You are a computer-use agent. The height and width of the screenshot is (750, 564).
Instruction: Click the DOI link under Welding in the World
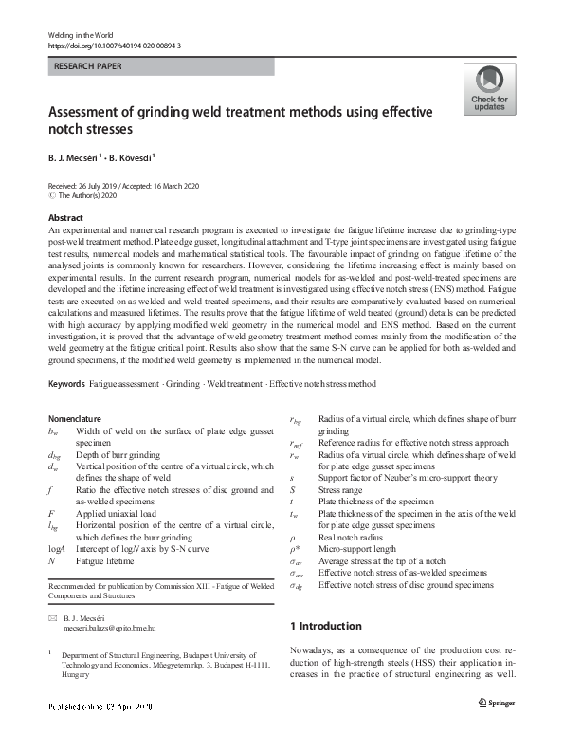click(114, 46)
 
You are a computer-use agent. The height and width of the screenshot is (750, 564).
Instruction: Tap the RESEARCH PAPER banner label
click(89, 67)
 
